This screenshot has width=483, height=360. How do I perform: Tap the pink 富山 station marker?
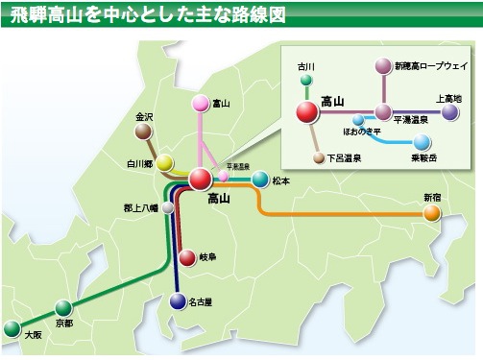(200, 103)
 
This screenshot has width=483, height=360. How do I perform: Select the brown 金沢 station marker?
(144, 132)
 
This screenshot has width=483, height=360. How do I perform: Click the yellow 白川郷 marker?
(165, 162)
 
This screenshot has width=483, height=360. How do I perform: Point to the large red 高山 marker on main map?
(200, 178)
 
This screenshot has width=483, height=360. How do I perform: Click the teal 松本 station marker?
(260, 179)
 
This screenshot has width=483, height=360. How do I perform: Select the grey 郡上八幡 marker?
(168, 206)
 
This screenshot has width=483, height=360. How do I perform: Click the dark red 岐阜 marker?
(188, 257)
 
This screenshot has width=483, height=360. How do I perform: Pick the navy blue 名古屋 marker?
(178, 301)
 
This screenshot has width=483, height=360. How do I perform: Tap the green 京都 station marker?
(63, 308)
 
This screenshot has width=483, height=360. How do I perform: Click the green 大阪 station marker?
(12, 328)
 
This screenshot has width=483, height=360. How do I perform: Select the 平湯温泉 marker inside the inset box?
(383, 111)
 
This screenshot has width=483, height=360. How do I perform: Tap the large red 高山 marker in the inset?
(307, 111)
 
